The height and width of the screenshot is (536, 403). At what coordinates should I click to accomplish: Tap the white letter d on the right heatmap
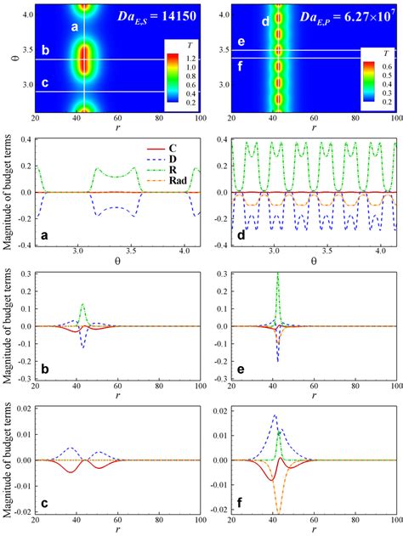(265, 20)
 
